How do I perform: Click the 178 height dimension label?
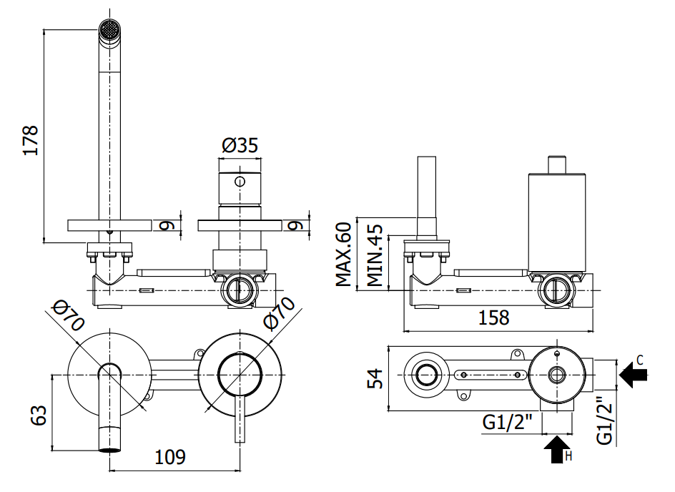tap(31, 140)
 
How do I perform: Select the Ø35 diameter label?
tap(240, 145)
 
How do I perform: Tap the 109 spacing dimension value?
tap(169, 457)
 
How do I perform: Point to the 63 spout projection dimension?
tap(39, 415)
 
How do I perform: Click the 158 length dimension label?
tap(494, 318)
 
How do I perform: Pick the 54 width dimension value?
tap(375, 378)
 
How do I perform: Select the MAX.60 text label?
tap(343, 254)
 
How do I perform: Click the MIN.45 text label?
tap(375, 255)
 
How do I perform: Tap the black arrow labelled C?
tap(633, 375)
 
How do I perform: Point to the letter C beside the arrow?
tap(640, 360)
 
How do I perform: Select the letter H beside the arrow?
tap(568, 456)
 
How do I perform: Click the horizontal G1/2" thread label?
tap(507, 422)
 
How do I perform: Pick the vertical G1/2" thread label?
tap(604, 420)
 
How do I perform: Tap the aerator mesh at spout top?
tap(109, 31)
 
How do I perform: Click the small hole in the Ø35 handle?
tap(240, 181)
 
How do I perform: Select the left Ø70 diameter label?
tap(68, 316)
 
